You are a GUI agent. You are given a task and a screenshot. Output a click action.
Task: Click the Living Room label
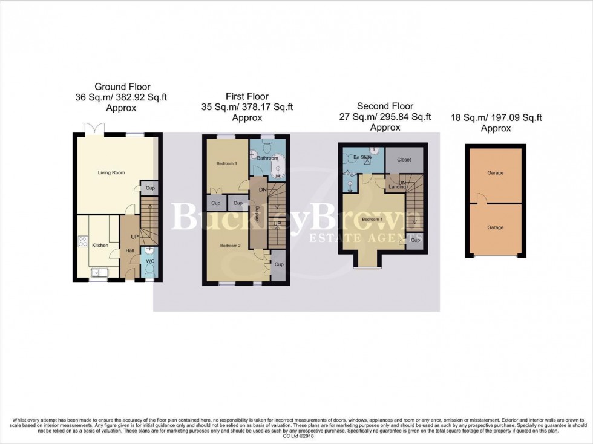[111, 173]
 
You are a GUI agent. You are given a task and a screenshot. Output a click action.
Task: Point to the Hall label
[129, 250]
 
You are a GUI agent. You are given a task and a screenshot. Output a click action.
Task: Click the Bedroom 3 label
[227, 164]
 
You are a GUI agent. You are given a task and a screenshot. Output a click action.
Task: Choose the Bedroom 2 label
[231, 246]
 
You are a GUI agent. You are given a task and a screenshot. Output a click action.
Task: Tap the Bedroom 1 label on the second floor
[372, 219]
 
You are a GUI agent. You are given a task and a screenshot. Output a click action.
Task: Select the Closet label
[404, 160]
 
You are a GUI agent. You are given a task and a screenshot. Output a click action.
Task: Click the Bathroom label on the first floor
[267, 158]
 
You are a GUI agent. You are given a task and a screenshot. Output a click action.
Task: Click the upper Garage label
[496, 173]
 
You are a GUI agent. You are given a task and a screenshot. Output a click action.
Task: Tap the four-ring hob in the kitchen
[82, 242]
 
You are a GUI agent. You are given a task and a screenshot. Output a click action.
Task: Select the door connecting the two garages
[480, 199]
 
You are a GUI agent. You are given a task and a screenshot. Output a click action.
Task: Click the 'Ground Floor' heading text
[122, 87]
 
